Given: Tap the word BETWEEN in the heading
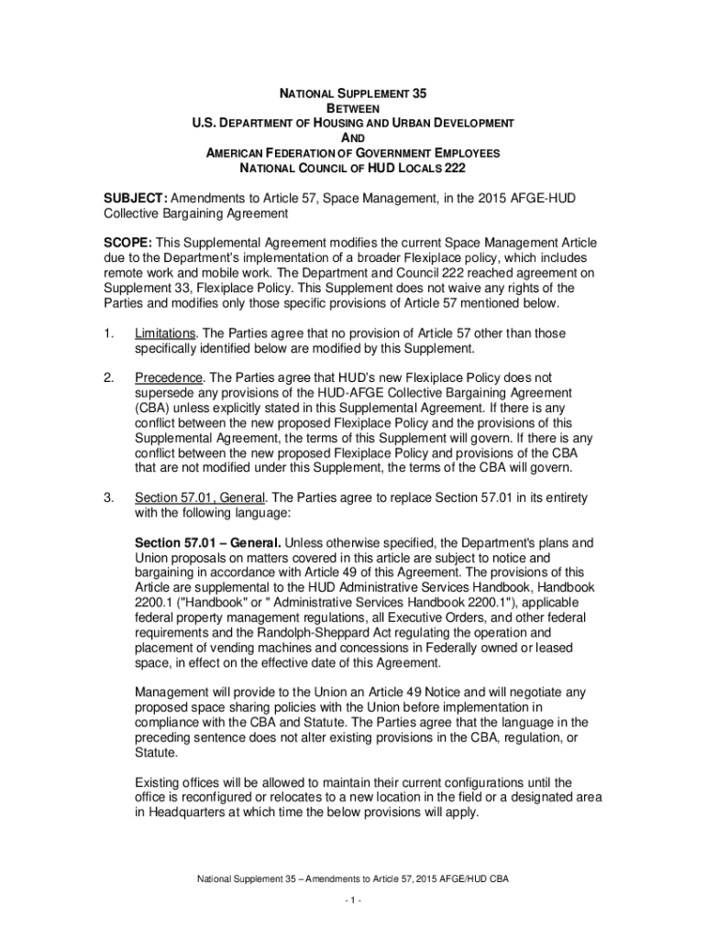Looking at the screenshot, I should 353,108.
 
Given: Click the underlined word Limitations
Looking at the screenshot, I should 166,333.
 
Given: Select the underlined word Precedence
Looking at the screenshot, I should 169,377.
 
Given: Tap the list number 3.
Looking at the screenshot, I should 108,497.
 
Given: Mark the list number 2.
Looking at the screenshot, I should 108,377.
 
